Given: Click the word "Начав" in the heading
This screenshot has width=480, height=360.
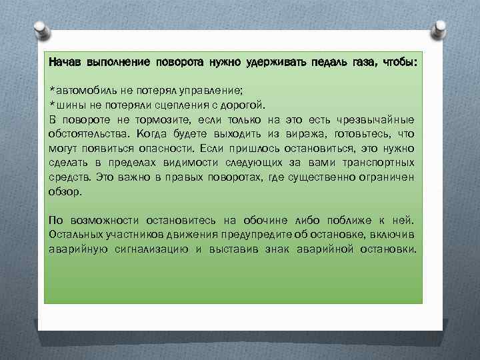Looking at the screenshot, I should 65,62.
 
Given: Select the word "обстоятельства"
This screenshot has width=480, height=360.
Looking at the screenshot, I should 82,134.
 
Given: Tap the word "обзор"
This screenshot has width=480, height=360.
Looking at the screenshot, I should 65,191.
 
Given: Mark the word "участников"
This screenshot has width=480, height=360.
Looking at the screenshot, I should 124,235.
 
